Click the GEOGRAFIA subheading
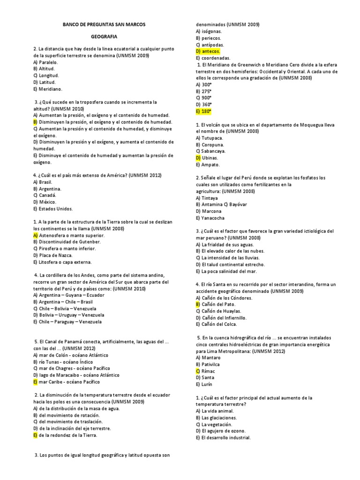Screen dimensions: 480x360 [104, 36]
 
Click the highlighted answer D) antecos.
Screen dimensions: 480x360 [208, 51]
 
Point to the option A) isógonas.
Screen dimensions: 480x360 [210, 31]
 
